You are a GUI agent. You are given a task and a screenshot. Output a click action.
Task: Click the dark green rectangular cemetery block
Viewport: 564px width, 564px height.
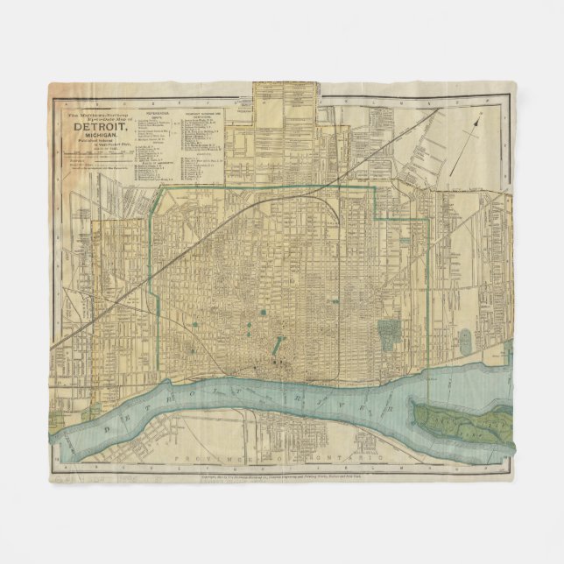[x=388, y=332]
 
